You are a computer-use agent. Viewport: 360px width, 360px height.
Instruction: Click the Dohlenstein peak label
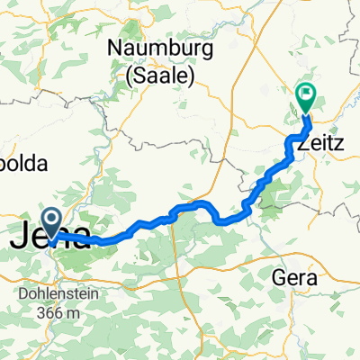[x=53, y=294]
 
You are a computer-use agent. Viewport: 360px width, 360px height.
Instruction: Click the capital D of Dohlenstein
[x=19, y=294]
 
